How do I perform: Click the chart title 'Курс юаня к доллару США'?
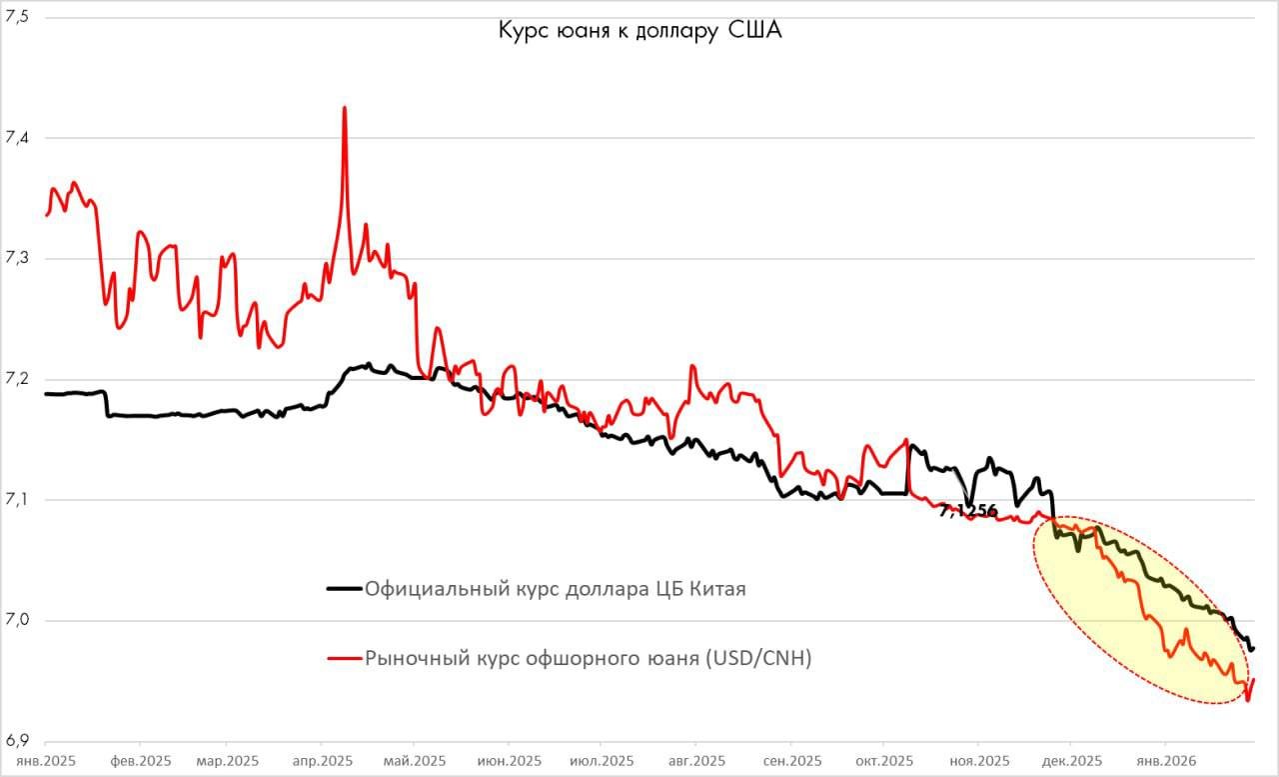(x=639, y=31)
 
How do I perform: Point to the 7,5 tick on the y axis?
(x=18, y=17)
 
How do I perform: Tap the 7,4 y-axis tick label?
(x=18, y=138)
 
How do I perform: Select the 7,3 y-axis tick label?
(x=18, y=258)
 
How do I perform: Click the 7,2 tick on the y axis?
(x=18, y=379)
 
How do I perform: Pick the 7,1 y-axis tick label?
(x=18, y=500)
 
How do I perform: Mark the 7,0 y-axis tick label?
(x=18, y=620)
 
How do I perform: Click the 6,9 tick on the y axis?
(x=18, y=741)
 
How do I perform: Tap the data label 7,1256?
(x=968, y=511)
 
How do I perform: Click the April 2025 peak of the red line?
(x=345, y=108)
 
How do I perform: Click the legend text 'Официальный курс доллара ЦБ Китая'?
(x=556, y=589)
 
